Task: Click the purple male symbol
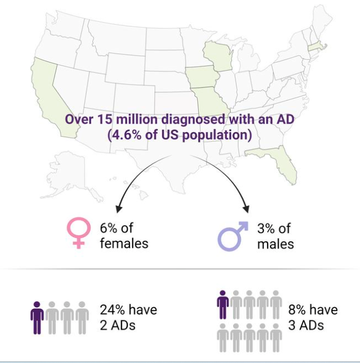(x=232, y=236)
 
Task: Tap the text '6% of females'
(x=124, y=236)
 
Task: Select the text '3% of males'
(x=275, y=236)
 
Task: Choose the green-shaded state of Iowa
(x=201, y=79)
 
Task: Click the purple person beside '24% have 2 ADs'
(x=37, y=318)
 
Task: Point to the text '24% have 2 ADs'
(x=128, y=317)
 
